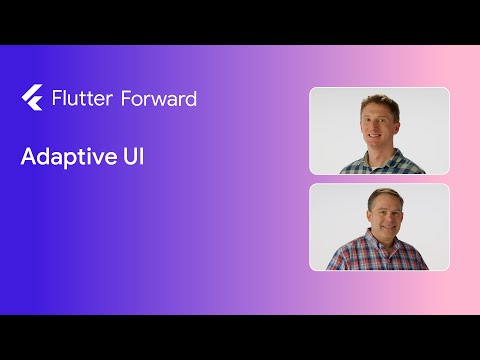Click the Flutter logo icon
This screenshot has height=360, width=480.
pos(30,97)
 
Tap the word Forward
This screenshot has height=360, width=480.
pos(158,98)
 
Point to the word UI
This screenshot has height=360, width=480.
pos(132,157)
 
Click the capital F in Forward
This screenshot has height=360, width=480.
pos(126,98)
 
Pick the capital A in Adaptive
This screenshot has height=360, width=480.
pos(29,157)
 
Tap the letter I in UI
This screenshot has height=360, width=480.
pos(141,157)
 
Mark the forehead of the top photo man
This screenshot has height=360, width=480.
pos(376,113)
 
